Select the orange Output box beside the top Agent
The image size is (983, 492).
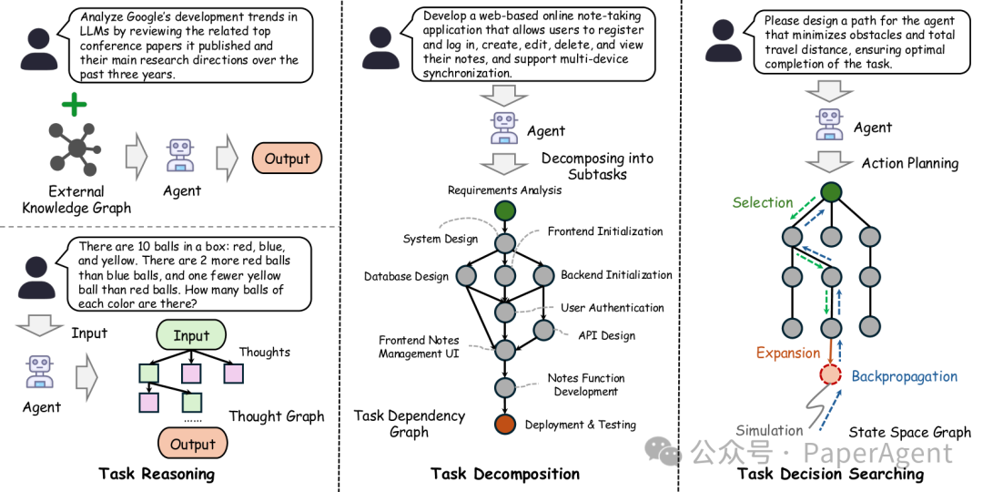point(287,159)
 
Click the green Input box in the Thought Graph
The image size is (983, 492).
point(192,335)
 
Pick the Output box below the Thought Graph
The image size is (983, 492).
point(192,445)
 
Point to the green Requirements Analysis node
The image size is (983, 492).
point(504,210)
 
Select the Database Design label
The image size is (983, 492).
point(406,276)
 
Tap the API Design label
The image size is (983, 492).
point(605,335)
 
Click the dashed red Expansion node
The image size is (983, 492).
point(830,374)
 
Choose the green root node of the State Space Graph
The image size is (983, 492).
point(831,191)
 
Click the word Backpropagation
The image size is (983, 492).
point(904,376)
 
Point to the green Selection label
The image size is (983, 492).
point(763,202)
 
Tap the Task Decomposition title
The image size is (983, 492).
point(504,474)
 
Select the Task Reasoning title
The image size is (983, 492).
point(157,474)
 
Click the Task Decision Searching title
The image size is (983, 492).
point(830,474)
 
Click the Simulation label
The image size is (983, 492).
point(768,430)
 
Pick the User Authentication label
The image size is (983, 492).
point(612,308)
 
